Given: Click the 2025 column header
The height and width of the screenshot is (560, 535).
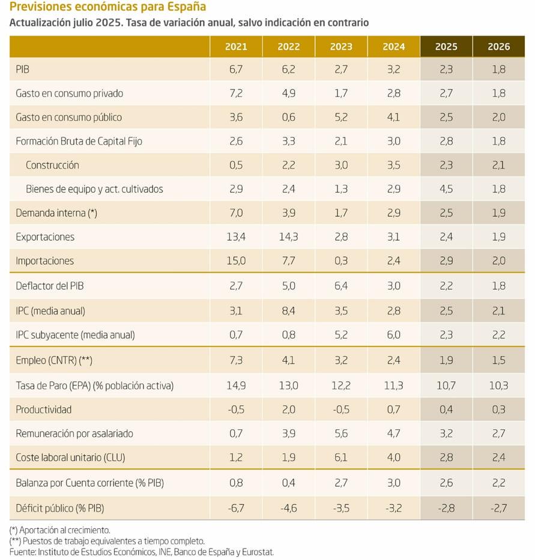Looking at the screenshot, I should click(446, 46).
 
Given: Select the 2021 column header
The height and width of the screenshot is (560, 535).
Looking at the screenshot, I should click(235, 46).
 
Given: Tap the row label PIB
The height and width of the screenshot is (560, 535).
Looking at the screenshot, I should click(23, 70).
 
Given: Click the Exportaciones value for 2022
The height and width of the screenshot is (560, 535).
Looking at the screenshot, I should click(288, 237).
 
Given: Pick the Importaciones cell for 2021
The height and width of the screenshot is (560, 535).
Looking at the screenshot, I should click(235, 261).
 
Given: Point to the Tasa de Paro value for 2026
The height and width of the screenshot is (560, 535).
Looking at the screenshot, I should click(498, 385).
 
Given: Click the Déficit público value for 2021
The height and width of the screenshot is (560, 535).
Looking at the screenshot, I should click(235, 508).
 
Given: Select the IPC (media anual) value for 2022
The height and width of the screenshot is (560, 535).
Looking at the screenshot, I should click(288, 311).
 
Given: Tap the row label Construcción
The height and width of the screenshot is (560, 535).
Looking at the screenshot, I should click(52, 165).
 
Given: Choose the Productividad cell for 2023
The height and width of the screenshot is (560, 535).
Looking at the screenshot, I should click(340, 409).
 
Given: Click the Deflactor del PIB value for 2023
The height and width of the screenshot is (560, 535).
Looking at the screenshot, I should click(340, 286).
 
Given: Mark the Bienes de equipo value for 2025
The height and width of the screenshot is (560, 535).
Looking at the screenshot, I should click(446, 189).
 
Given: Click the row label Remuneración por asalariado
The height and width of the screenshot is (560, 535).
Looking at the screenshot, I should click(74, 433).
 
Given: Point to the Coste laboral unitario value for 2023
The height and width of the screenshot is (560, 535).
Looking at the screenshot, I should click(340, 457).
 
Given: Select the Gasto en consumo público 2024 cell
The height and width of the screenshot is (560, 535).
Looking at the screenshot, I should click(393, 117).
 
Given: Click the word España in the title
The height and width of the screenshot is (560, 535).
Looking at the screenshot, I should click(187, 7).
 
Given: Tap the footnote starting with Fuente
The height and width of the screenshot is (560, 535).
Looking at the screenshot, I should click(142, 552).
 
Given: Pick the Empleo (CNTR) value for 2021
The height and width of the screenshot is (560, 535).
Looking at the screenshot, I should click(235, 361).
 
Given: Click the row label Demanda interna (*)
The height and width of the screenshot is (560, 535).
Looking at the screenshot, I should click(56, 213).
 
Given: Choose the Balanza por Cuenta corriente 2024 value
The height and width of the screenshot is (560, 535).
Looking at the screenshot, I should click(393, 483).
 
